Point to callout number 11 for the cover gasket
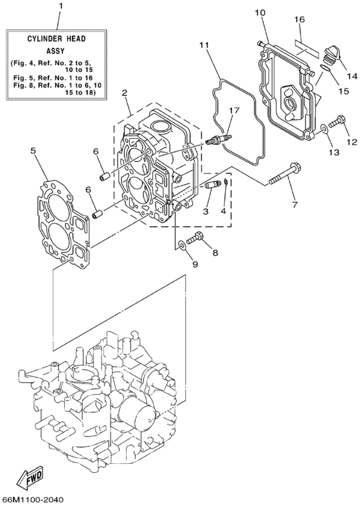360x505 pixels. click(x=204, y=46)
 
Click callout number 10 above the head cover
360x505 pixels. click(x=259, y=13)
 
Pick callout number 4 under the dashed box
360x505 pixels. click(x=224, y=210)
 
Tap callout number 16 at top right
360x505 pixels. click(x=300, y=21)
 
